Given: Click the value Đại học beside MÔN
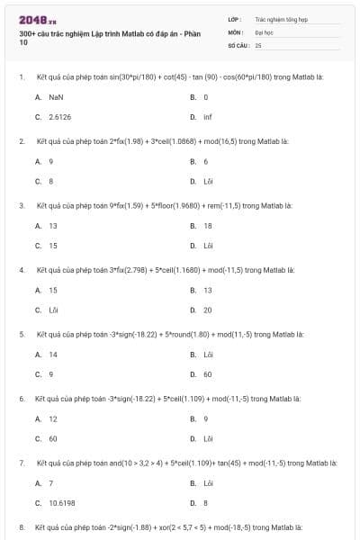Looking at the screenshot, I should coord(264,31).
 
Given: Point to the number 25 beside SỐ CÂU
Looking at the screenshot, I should coord(258,44).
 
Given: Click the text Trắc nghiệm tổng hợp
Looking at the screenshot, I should coord(281,18).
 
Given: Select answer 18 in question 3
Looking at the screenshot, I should coord(208,225).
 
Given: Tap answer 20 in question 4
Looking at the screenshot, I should coord(208,310).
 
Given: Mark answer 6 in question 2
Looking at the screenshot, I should coord(206,161).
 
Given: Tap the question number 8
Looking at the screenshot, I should coord(22,526).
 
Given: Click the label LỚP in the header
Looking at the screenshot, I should coord(235,18).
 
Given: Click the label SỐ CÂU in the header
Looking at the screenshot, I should coord(238,44).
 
